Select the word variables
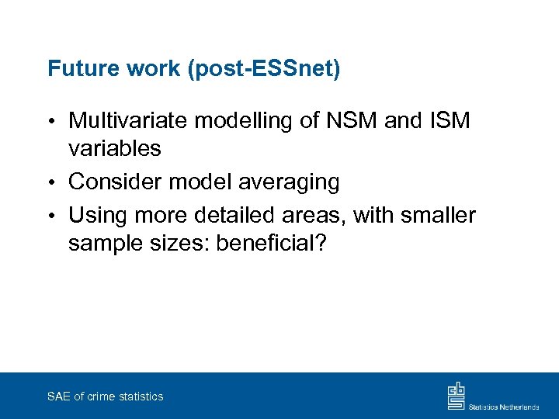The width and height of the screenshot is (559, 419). (114, 148)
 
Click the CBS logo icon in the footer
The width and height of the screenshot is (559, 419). (456, 396)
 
